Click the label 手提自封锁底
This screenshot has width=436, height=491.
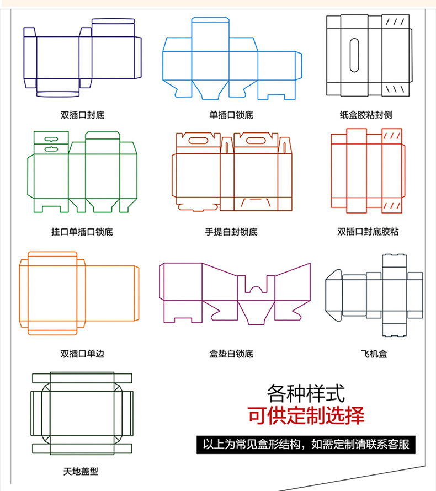(231, 232)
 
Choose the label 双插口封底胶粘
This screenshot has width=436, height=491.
(368, 232)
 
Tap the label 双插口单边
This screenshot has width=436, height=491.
(82, 354)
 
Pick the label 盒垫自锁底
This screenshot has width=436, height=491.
(231, 354)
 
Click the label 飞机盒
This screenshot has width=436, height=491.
(374, 354)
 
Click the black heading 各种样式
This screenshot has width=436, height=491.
(306, 394)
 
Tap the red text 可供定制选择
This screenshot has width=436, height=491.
(306, 414)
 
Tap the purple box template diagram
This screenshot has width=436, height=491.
(235, 292)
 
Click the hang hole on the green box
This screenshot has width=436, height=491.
(51, 140)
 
